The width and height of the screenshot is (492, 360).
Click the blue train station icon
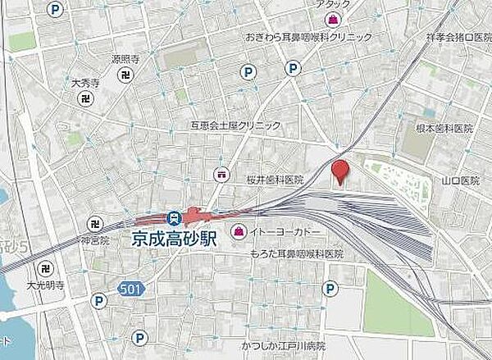coord(173,218)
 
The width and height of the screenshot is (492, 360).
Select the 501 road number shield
coord(126,289)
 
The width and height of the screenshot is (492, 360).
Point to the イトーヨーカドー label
coord(281,233)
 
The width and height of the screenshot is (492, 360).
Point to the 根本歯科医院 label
coord(445,130)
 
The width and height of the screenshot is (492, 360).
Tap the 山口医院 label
coord(459,180)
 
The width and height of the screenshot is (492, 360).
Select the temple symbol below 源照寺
coord(126,74)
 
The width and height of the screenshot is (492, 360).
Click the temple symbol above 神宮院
coord(95,224)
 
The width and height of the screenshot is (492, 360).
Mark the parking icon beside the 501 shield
coord(99,302)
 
